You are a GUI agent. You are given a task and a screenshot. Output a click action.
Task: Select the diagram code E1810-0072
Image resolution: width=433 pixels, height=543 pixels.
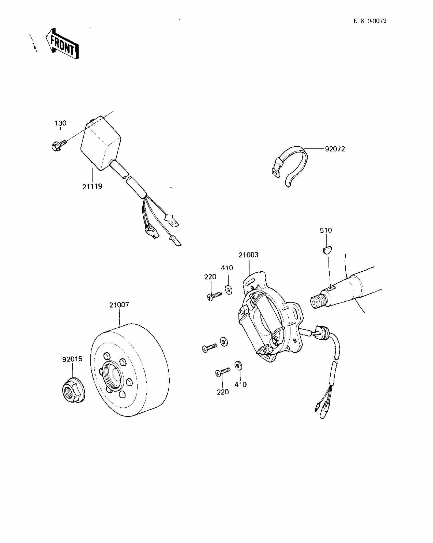pos(370,21)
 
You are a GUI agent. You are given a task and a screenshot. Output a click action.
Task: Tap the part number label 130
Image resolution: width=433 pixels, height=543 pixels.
pos(61,123)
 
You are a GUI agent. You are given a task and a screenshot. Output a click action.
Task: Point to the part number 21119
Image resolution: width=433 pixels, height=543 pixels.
pos(92,186)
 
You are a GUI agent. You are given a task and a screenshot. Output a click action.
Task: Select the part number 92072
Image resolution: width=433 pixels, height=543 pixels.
pos(335,149)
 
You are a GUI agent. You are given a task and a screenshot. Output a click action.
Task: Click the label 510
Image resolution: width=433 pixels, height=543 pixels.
pos(326,230)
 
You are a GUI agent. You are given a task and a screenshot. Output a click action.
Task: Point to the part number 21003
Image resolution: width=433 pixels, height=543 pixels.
pos(248,255)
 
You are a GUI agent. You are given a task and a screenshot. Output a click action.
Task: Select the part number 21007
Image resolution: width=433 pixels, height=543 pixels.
pos(119,305)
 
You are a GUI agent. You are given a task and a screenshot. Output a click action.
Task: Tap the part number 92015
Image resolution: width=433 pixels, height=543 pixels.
pos(72,359)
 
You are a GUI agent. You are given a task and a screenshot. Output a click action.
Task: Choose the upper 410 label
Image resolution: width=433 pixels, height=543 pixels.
pos(227,268)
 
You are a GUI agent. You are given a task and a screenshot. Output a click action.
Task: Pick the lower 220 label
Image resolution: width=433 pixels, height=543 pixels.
pos(223,392)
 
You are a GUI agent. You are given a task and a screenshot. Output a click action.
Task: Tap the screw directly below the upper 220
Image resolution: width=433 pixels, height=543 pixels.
pos(214,296)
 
